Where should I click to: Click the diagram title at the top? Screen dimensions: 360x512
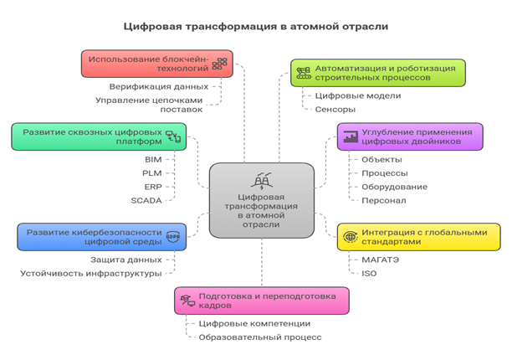click(x=255, y=26)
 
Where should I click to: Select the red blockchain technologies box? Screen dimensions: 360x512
click(x=156, y=64)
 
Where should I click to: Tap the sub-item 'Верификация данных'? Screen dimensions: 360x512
click(x=159, y=85)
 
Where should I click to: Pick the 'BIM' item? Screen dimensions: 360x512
click(x=153, y=159)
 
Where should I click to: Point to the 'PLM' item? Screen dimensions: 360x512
click(x=152, y=172)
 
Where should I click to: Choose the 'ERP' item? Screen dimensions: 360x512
click(x=152, y=186)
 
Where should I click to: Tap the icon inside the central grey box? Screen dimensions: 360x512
click(x=261, y=179)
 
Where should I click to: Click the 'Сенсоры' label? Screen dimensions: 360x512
click(x=335, y=109)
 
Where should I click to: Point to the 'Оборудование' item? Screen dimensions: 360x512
click(x=394, y=187)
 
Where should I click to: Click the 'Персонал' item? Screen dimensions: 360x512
click(x=383, y=200)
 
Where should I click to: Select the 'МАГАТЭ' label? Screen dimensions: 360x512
click(x=381, y=260)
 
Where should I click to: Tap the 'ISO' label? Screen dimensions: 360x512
click(x=369, y=274)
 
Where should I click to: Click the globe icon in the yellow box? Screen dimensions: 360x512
click(x=350, y=236)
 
